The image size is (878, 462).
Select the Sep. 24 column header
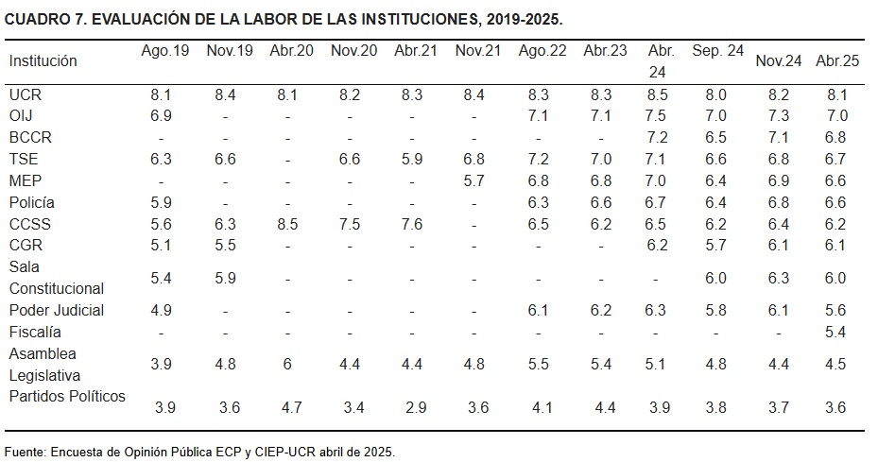pos(717,51)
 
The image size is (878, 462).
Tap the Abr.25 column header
pos(837,60)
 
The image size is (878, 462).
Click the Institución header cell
pos(43,60)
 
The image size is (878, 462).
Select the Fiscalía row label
pos(35,332)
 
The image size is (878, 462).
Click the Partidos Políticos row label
pos(67,396)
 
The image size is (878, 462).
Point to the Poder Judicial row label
pos(57,310)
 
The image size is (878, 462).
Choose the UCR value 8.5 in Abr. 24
pos(661,95)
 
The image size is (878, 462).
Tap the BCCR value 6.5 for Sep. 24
pos(717,138)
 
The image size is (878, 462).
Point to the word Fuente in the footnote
pos(26,451)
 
